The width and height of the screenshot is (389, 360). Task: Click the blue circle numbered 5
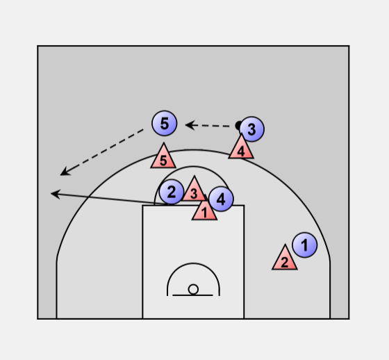pos(165,123)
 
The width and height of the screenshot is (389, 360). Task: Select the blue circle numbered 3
pos(251,129)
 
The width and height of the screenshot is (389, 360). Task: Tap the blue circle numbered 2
pos(172,192)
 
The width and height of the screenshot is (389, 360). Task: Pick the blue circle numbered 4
pos(221,199)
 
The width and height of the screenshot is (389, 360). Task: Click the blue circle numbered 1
pos(305,245)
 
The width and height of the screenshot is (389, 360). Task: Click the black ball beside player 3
pos(238,125)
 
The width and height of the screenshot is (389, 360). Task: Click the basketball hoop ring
pos(193,289)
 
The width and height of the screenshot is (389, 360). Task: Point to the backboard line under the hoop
pos(192,295)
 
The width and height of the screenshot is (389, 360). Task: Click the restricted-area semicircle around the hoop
pos(193,263)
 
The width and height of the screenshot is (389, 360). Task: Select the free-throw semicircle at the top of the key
pos(193,167)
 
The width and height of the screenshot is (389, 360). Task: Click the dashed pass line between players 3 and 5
pos(210,126)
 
